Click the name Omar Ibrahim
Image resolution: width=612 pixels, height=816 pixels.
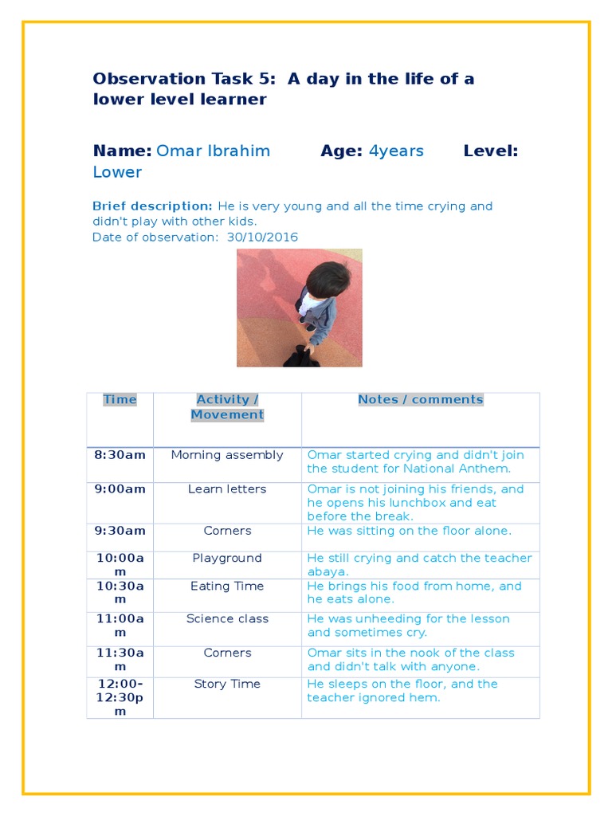(x=213, y=151)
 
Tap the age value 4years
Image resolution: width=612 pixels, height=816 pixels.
(x=396, y=151)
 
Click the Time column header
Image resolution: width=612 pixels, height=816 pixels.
(x=120, y=400)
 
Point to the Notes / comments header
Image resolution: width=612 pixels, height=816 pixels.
(x=420, y=400)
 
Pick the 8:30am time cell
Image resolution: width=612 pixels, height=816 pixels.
(x=120, y=455)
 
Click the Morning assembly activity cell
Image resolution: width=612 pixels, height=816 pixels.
(x=227, y=455)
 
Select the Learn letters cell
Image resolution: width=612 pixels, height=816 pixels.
(x=227, y=489)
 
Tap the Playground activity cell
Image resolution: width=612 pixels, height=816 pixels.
(x=227, y=559)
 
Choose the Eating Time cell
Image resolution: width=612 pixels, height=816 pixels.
(x=227, y=586)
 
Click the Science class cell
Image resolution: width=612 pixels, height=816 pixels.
(x=227, y=619)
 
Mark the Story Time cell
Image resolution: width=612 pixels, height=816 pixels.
(x=227, y=685)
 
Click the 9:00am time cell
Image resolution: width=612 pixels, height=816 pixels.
(x=120, y=489)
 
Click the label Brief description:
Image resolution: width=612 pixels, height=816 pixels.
(x=152, y=206)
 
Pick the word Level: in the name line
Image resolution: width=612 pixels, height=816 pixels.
(x=490, y=151)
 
